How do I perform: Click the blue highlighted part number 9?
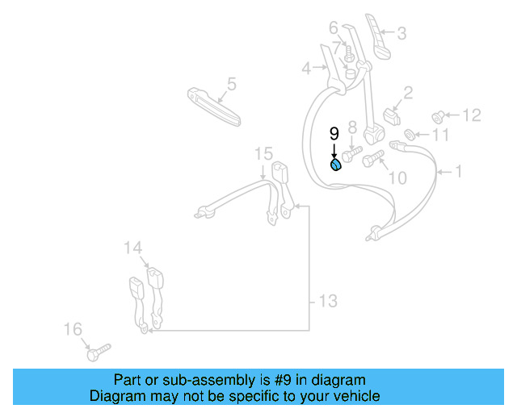[335, 165]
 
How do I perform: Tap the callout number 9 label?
[334, 134]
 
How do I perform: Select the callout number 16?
[73, 329]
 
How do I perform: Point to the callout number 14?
[132, 248]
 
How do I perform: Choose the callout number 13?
[327, 302]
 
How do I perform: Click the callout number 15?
[264, 153]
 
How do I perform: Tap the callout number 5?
[231, 83]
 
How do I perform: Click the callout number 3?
[401, 33]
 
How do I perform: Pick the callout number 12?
[471, 115]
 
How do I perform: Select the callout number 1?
[459, 171]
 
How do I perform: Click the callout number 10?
[397, 177]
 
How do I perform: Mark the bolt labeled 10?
[373, 161]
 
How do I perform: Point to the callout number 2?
[408, 93]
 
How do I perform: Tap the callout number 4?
[306, 69]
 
